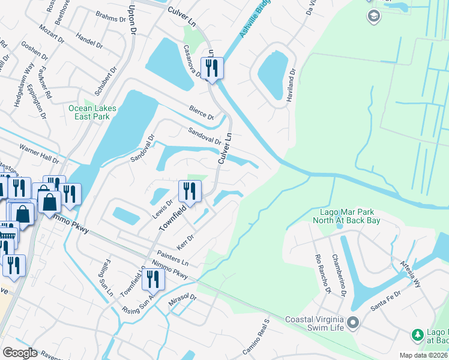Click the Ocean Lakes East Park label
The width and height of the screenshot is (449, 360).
[92, 112]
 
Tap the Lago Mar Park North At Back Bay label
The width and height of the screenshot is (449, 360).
[346, 217]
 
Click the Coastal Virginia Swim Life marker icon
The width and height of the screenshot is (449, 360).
[353, 324]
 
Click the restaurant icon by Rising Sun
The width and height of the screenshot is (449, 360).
[153, 279]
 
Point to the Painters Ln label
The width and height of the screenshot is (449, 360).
[173, 259]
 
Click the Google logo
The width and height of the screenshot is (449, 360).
[20, 353]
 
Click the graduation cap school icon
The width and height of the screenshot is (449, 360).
[373, 16]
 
